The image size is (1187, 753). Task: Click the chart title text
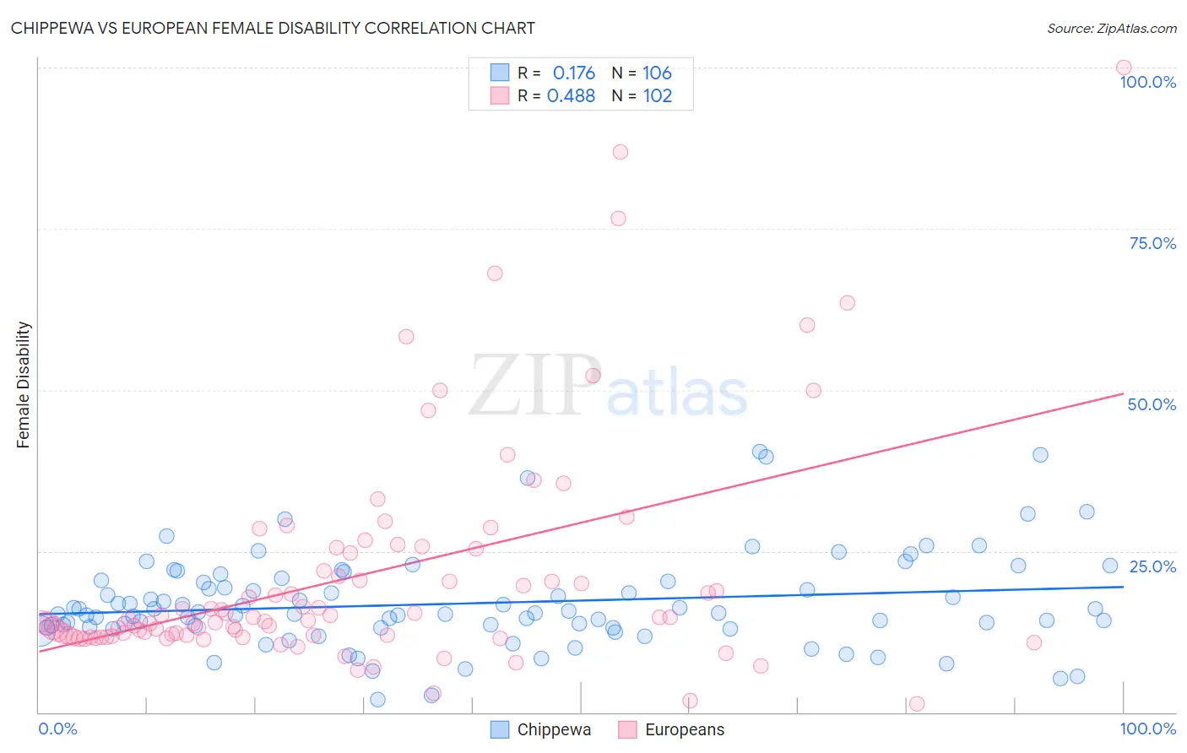point(273,28)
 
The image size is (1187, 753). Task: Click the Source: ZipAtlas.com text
point(1111,28)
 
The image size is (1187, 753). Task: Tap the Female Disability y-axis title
point(24,384)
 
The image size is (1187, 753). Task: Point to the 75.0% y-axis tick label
point(1152,243)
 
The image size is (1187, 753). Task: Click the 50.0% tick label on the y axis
point(1152,404)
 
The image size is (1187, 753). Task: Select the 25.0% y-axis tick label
point(1152,566)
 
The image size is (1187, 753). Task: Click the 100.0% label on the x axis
point(1147,729)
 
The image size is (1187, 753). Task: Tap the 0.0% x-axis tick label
point(57,729)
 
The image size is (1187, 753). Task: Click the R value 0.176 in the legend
point(573,73)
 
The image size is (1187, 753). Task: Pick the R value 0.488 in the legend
point(571,96)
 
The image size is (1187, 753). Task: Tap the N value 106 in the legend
point(657,73)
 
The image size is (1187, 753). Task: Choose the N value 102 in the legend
point(657,96)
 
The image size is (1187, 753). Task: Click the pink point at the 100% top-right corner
point(1123,68)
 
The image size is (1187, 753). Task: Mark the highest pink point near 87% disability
point(621,152)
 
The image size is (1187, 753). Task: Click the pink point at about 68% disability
point(495,274)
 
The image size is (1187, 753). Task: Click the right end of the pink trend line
point(1123,393)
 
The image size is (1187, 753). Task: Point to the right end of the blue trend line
point(1123,586)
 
